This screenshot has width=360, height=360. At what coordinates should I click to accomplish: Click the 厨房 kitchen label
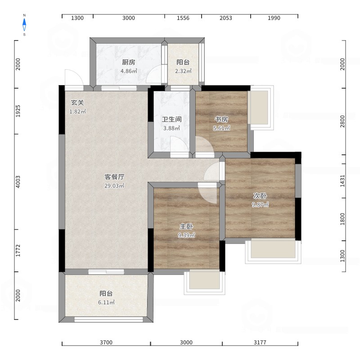click(129, 62)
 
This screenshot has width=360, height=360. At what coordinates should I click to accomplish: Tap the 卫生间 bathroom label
click(172, 119)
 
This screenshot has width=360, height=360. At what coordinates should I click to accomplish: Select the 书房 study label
click(221, 119)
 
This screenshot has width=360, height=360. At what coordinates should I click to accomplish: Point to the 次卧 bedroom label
click(260, 196)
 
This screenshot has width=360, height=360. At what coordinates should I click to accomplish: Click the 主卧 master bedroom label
click(186, 227)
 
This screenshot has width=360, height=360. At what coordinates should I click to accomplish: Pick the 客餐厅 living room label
click(114, 177)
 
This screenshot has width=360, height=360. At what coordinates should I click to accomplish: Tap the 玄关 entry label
click(77, 103)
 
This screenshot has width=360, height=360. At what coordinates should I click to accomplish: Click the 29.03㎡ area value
click(114, 186)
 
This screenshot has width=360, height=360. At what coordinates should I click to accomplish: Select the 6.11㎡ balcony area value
click(106, 302)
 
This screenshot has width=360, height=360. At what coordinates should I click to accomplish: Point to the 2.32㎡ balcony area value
click(183, 71)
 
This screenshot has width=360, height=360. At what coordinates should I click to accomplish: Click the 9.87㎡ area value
click(260, 205)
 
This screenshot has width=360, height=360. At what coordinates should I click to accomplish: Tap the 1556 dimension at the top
click(183, 18)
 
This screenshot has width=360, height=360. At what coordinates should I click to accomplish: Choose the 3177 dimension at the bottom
click(260, 342)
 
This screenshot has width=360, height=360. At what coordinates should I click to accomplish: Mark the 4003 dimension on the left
click(18, 182)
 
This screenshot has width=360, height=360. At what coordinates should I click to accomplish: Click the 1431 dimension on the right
click(342, 181)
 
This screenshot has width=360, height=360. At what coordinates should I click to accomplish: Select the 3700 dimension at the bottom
click(106, 342)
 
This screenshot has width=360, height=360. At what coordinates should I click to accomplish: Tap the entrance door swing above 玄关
click(74, 77)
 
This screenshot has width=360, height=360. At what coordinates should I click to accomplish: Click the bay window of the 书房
click(261, 108)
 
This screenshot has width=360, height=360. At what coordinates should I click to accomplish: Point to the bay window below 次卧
click(273, 251)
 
